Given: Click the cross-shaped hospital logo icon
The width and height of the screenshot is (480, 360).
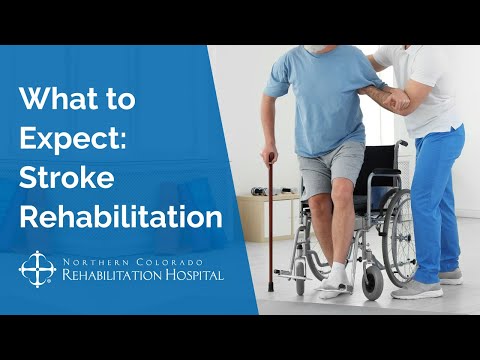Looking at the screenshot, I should [35, 268].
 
